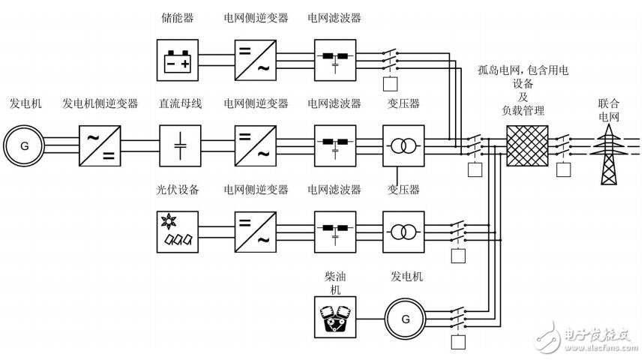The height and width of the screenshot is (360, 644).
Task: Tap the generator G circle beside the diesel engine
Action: [406, 318]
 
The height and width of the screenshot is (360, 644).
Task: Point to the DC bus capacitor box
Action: [180, 145]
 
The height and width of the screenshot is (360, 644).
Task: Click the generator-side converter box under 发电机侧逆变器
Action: [100, 145]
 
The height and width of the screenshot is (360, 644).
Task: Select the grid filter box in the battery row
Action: [334, 58]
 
